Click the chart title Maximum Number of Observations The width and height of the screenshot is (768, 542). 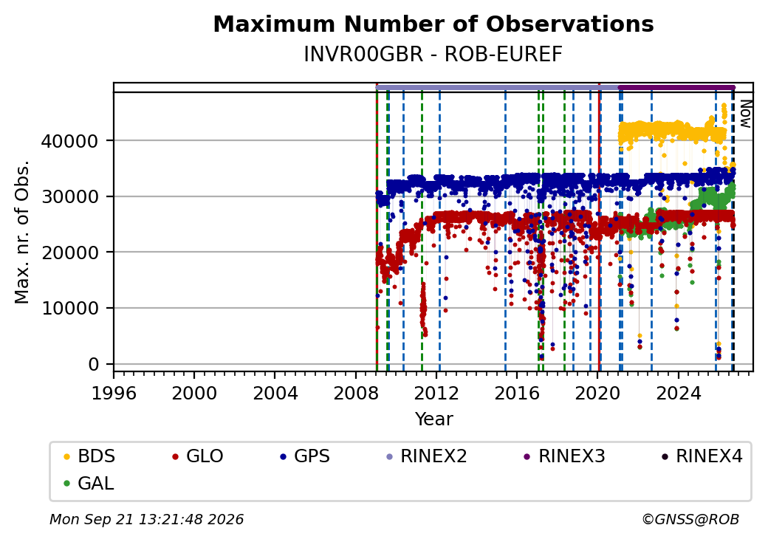[x=433, y=24]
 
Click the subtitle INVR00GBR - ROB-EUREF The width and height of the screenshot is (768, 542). [x=433, y=55]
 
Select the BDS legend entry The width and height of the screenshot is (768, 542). [x=89, y=456]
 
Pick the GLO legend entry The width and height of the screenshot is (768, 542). [x=198, y=456]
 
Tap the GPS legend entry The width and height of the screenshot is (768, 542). [x=305, y=456]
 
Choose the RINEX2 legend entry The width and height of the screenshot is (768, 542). [x=427, y=456]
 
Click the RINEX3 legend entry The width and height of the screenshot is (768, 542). [x=565, y=456]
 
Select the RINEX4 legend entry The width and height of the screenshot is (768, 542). [x=702, y=456]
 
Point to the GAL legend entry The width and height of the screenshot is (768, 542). [x=89, y=483]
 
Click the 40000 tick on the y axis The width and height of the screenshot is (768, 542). [x=69, y=141]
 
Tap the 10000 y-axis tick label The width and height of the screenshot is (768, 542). [x=69, y=309]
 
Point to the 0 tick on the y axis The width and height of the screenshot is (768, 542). [x=94, y=364]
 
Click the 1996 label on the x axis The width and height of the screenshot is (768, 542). [x=114, y=393]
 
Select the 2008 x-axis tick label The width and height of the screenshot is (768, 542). [x=356, y=393]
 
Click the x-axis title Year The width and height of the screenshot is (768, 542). [x=434, y=419]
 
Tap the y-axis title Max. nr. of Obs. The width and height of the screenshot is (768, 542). [x=22, y=232]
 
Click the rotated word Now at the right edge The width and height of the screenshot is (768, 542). [x=745, y=114]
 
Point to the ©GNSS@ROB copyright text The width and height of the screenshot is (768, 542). [x=690, y=519]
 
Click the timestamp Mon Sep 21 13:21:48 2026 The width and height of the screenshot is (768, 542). [x=146, y=519]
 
